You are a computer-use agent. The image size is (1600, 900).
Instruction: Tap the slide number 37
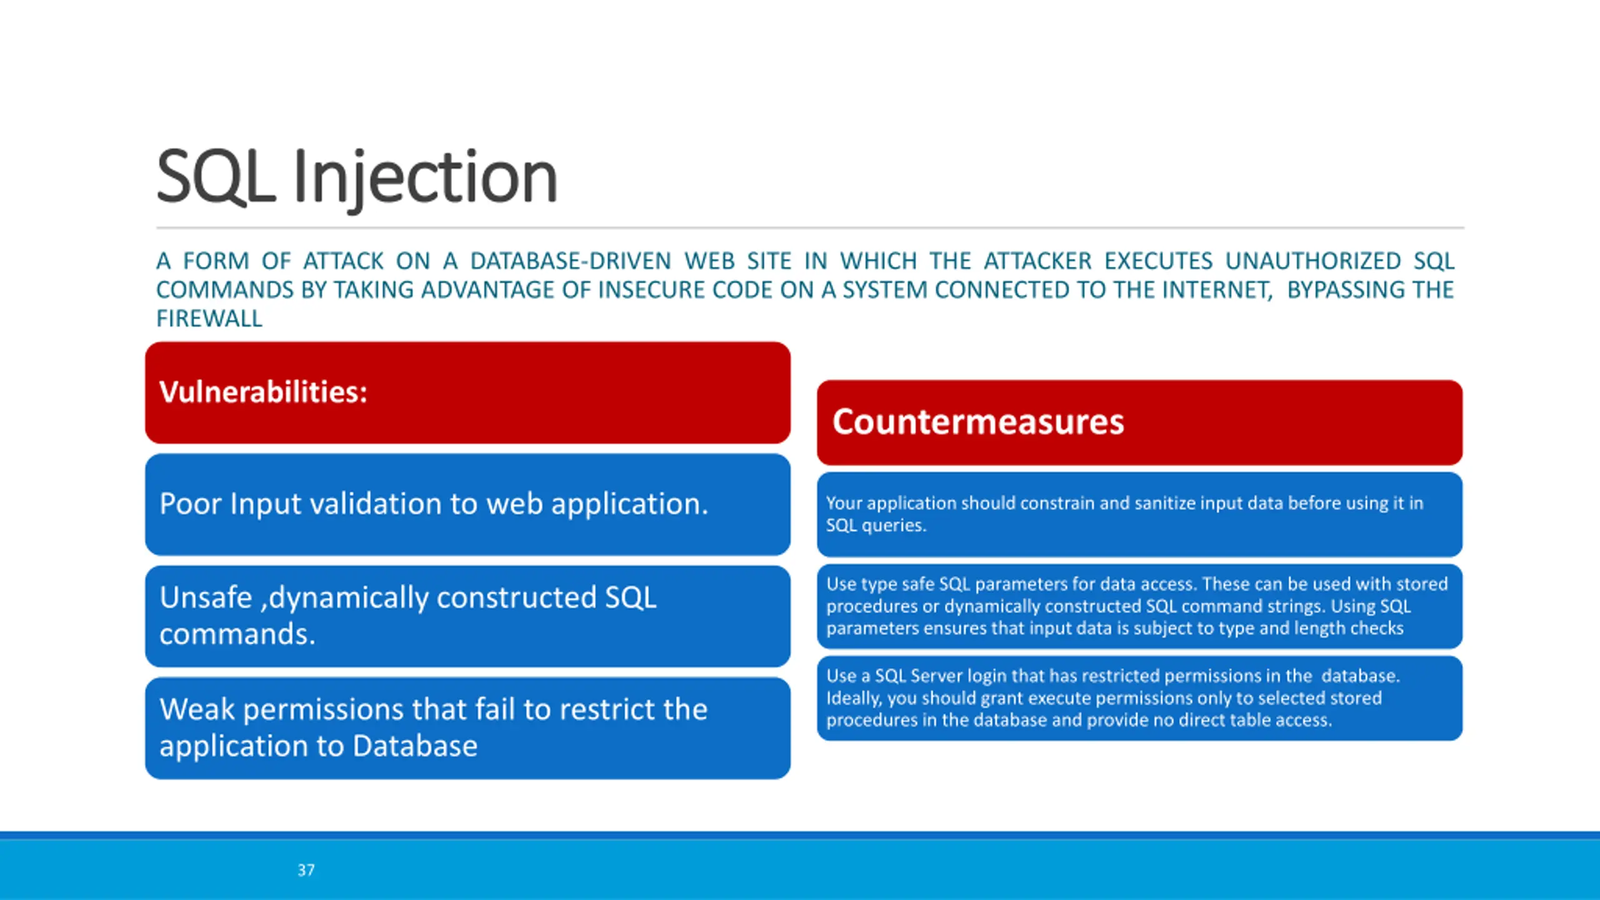306,870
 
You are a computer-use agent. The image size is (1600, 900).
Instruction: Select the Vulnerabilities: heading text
263,392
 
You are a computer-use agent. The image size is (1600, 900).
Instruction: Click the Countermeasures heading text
978,421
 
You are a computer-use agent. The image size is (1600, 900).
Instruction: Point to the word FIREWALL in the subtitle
209,319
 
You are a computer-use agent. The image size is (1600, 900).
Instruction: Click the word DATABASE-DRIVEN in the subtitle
571,261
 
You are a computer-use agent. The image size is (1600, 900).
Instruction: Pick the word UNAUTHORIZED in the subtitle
1313,261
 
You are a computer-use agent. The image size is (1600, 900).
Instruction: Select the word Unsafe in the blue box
206,597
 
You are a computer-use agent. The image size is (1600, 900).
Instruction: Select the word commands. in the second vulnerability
237,634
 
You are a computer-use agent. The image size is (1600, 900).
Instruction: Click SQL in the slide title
216,177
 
